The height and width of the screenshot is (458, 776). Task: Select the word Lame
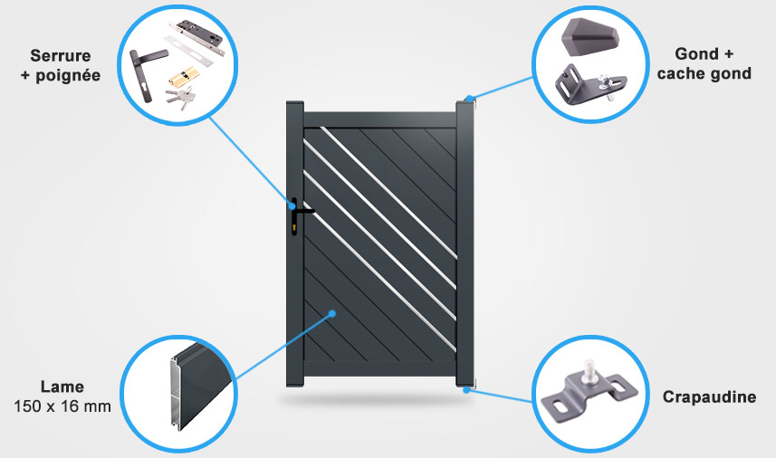[62, 387]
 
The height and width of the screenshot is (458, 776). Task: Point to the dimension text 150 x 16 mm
[62, 406]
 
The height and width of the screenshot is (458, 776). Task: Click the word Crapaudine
[709, 397]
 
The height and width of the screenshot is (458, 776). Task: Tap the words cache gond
[704, 72]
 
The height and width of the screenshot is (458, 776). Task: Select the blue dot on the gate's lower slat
[333, 314]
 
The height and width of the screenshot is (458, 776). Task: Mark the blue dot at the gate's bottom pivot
[467, 389]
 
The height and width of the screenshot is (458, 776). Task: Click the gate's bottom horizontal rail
[378, 367]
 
